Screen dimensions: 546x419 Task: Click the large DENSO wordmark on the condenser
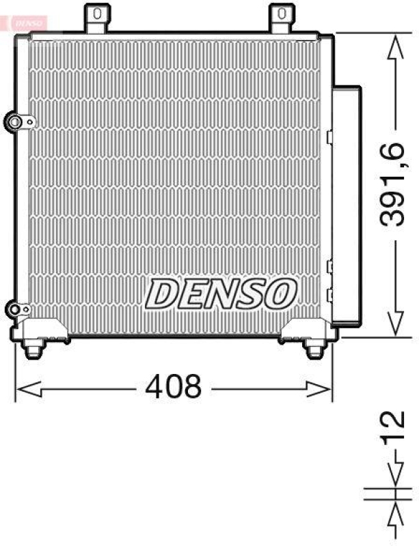click(221, 293)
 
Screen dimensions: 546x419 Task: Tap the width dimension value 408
click(174, 388)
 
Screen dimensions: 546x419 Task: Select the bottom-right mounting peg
click(314, 349)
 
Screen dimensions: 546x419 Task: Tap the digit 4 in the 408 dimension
click(154, 388)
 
